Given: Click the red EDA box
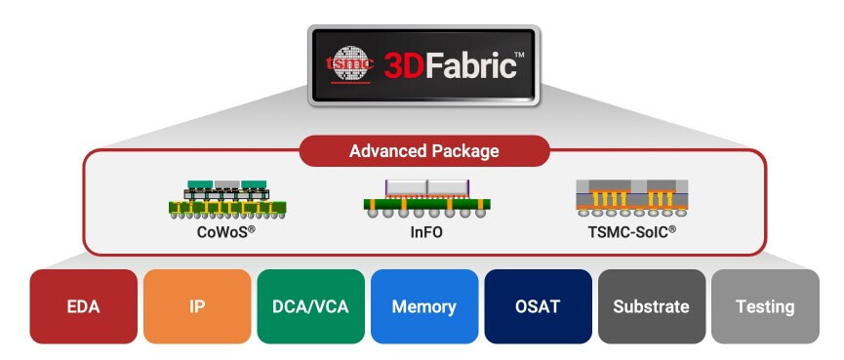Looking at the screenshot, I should coord(83,306).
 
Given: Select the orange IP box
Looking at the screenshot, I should coord(196,306).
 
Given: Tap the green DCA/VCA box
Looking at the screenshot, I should coord(309,306).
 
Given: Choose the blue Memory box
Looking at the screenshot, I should coord(423,306).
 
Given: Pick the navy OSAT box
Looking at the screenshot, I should coord(538,306).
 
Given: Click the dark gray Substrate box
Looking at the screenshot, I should coord(651,306).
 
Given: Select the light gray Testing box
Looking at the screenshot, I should coord(765,306).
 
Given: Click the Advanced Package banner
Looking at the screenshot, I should coord(424,151).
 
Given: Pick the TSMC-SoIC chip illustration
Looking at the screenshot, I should coord(632,198).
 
